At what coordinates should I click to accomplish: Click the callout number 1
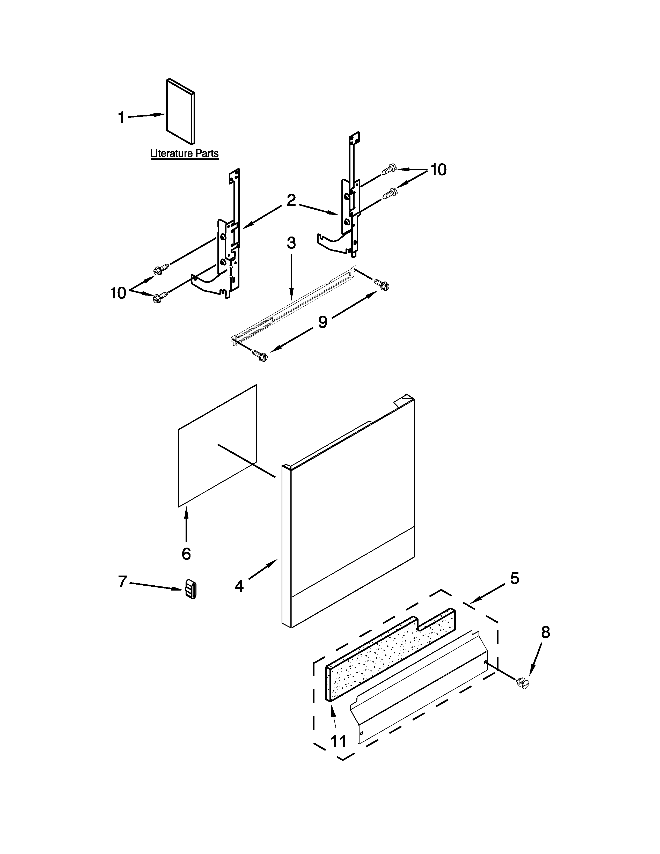(x=122, y=117)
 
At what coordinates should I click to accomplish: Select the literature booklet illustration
(x=180, y=112)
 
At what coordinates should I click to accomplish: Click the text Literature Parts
(x=184, y=154)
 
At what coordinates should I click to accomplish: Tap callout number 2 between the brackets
(x=291, y=200)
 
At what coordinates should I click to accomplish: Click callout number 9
(x=322, y=322)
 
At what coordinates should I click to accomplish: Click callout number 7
(x=122, y=582)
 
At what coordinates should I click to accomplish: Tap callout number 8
(x=545, y=632)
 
